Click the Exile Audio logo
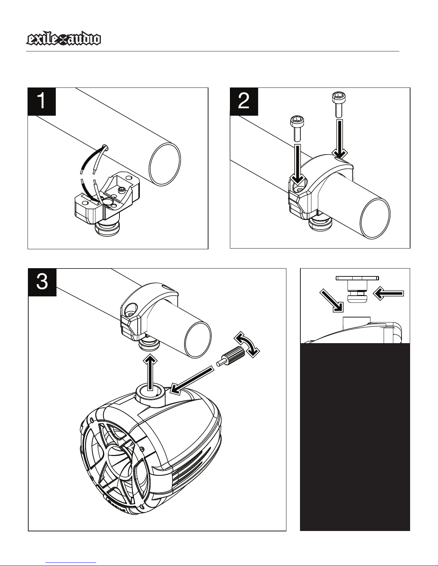point(63,40)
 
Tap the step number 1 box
point(42,101)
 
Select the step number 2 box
point(244,101)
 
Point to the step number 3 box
point(42,282)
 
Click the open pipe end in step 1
point(165,164)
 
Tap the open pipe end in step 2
point(375,217)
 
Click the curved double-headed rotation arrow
point(247,344)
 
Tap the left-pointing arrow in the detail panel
point(388,293)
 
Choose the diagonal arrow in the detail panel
point(332,300)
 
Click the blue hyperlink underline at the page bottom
point(71,563)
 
